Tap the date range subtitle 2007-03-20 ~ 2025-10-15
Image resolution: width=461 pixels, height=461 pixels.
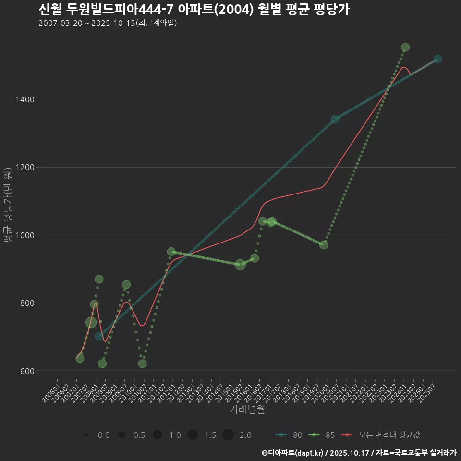pyautogui.click(x=108, y=23)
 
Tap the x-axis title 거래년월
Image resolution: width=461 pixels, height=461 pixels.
pyautogui.click(x=247, y=409)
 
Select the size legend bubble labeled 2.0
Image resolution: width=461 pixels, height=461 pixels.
pyautogui.click(x=228, y=435)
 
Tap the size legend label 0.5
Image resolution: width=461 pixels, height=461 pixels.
pyautogui.click(x=139, y=435)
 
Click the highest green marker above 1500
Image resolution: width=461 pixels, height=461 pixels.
pyautogui.click(x=405, y=48)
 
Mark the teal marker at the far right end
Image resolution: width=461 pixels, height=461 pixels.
pyautogui.click(x=437, y=59)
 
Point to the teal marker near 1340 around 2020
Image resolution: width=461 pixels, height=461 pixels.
pyautogui.click(x=335, y=119)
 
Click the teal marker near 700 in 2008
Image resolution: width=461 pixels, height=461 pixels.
pyautogui.click(x=99, y=336)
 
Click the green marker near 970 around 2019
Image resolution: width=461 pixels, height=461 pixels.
pyautogui.click(x=324, y=245)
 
